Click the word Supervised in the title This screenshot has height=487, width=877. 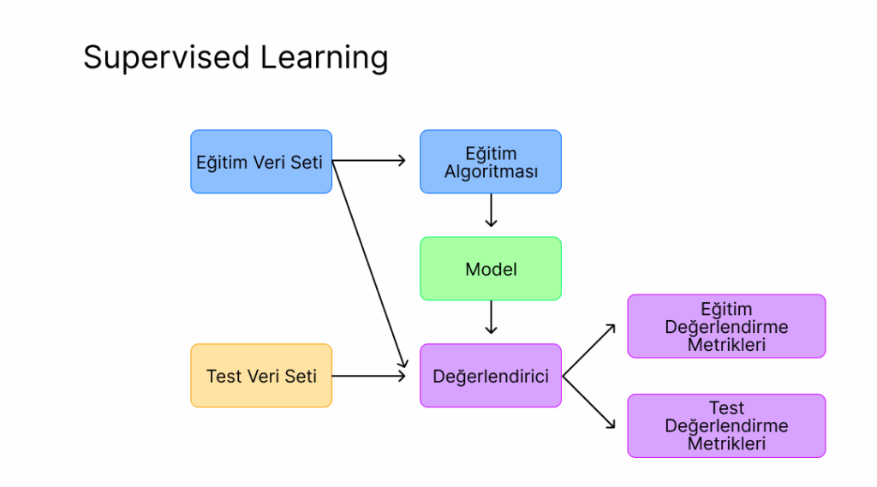167,58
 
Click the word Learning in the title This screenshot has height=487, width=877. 324,58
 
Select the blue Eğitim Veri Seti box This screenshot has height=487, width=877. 261,162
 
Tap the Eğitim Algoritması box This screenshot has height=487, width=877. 491,162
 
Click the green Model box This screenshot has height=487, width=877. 491,269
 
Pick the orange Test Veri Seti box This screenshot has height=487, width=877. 261,375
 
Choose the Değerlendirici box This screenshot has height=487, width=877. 491,375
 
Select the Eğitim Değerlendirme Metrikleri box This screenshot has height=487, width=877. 726,326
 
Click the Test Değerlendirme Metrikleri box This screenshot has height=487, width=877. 726,425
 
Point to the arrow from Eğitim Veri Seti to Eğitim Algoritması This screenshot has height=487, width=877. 368,161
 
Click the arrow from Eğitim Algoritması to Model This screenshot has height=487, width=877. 491,211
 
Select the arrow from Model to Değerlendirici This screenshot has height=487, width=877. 491,317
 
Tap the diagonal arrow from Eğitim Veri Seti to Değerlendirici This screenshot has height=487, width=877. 370,264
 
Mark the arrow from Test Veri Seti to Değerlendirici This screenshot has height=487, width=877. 368,376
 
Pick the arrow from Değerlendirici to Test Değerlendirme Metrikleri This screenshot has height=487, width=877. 589,402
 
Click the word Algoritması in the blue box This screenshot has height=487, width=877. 491,172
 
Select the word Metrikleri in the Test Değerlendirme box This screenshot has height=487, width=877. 726,443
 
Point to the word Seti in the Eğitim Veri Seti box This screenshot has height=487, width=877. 307,162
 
